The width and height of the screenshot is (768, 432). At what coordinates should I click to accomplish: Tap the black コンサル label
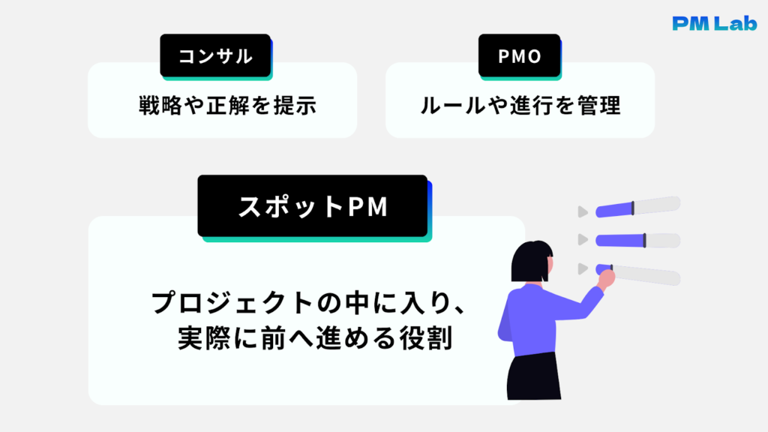[x=215, y=55]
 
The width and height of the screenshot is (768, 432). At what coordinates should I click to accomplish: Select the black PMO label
[x=519, y=55]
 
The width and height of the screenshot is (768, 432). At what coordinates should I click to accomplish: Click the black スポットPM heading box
[x=312, y=206]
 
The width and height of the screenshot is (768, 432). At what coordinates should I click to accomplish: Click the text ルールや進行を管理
[x=520, y=106]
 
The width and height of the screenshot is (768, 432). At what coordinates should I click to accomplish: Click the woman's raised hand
[x=607, y=278]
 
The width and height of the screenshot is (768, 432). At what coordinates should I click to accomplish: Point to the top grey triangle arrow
[x=582, y=212]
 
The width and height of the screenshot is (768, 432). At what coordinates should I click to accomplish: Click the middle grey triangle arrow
[x=582, y=240]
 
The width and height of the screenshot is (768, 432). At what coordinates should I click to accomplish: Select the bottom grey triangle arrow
[x=582, y=268]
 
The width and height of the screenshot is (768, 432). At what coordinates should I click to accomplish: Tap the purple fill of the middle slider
[x=619, y=240]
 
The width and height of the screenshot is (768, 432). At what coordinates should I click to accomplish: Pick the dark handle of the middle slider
[x=644, y=240]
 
